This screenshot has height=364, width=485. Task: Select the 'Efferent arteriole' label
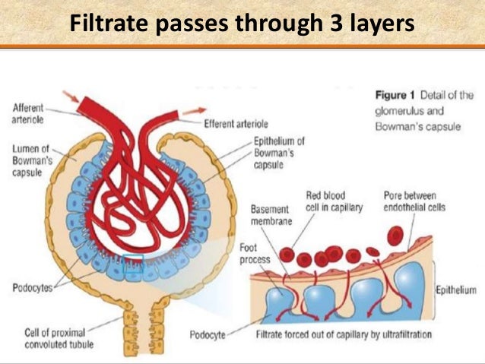pos(235,123)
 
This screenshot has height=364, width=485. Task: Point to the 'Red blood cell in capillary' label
pos(336,201)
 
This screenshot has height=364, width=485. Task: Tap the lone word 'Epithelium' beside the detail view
pos(456,290)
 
